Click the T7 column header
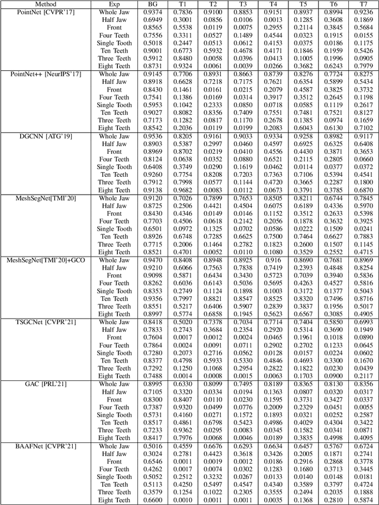[x=362, y=4]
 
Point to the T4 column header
[x=272, y=4]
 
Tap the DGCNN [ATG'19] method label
[x=32, y=136]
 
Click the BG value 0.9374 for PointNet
[x=152, y=12]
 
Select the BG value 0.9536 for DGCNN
[x=152, y=136]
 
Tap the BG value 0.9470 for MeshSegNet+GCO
[x=152, y=260]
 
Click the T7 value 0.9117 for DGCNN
[x=362, y=136]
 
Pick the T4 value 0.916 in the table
[x=272, y=260]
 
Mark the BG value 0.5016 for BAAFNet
[x=152, y=445]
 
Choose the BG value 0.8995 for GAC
[x=152, y=384]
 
